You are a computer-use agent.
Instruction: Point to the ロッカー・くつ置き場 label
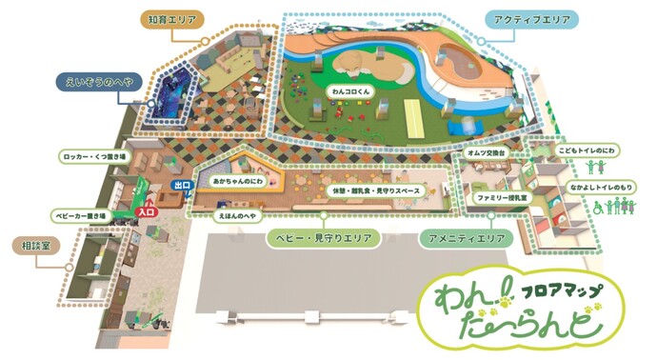(83, 152)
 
